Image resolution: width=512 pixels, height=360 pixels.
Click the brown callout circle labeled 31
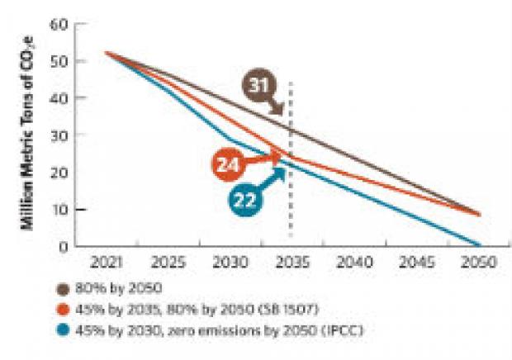259,86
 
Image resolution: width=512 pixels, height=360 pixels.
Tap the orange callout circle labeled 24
230,164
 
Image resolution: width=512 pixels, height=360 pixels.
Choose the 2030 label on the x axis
231,262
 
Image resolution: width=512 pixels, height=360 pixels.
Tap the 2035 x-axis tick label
292,262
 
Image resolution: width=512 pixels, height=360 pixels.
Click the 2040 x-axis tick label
354,262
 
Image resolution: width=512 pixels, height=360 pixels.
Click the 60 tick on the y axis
57,24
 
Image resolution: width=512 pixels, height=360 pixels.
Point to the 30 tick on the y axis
57,135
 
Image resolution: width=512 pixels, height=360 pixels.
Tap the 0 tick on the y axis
61,246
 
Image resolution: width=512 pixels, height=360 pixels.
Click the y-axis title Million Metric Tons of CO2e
27,135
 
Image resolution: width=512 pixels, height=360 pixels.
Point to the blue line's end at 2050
478,245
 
